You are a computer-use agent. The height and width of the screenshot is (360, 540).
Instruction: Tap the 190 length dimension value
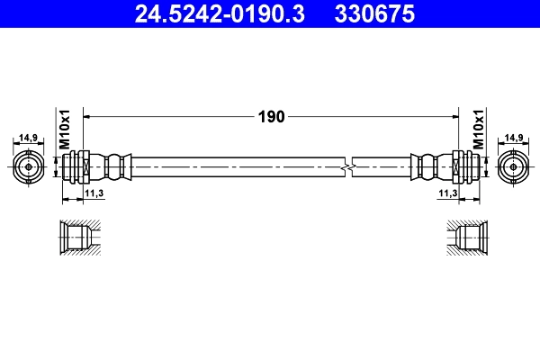click(271, 116)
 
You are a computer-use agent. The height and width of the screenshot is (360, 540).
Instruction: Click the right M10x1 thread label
click(478, 131)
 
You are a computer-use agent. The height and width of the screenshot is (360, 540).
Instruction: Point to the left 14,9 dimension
click(30, 138)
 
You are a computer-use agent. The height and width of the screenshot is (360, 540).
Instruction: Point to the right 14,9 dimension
click(513, 138)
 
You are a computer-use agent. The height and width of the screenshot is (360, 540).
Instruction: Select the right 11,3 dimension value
click(447, 193)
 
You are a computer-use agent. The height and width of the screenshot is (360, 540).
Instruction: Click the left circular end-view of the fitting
click(30, 166)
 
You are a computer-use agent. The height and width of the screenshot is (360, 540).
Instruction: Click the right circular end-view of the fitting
click(513, 166)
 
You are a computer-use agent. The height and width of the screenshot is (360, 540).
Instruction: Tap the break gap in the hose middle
click(348, 166)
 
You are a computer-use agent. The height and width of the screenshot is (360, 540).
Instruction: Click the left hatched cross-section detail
click(78, 238)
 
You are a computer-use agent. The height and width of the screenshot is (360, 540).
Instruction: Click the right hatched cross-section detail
click(464, 238)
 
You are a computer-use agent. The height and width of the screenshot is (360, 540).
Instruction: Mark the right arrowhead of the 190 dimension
click(454, 116)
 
